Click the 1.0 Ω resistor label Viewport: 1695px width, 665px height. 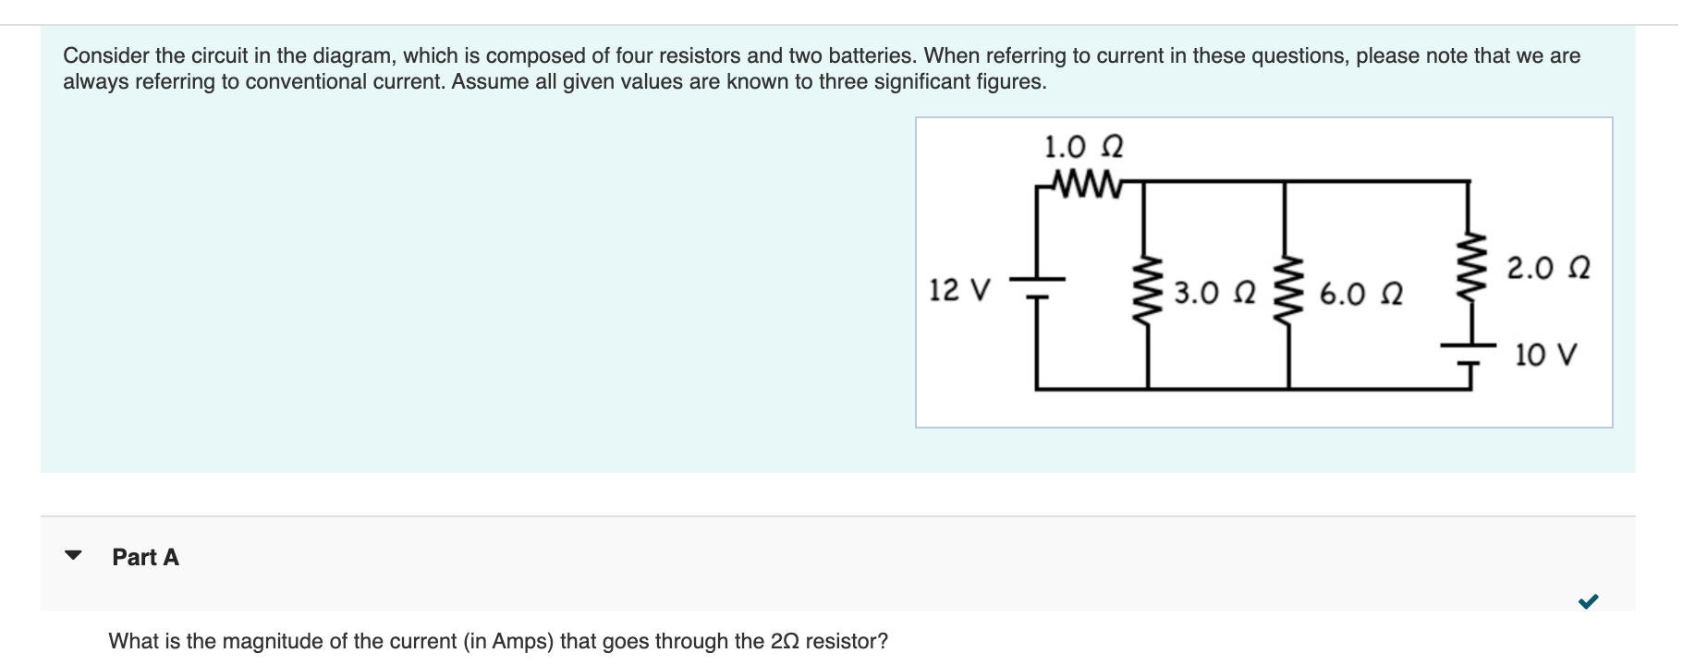click(1083, 147)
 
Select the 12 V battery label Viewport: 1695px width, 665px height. click(959, 290)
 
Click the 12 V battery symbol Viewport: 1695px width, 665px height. click(1037, 287)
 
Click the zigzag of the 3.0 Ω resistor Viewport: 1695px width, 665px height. click(1148, 287)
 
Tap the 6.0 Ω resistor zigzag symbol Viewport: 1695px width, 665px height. click(1288, 287)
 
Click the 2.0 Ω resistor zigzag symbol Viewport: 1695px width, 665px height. click(1469, 265)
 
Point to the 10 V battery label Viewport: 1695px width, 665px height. click(1545, 355)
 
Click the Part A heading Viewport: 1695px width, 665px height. click(145, 557)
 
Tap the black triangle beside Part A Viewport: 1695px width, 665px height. click(73, 556)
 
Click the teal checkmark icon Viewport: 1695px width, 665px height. click(1588, 602)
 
